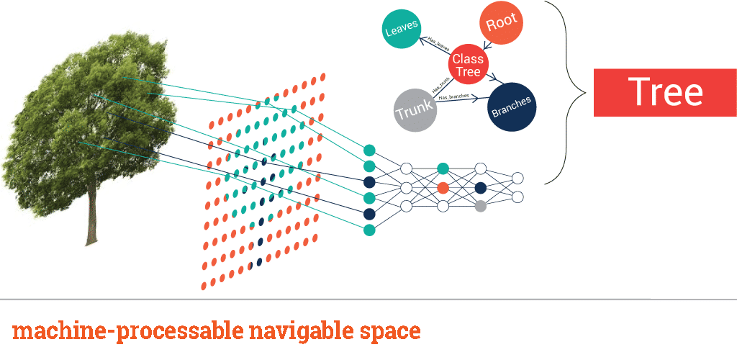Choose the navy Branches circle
click(x=511, y=106)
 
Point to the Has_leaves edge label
click(x=438, y=44)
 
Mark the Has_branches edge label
click(x=454, y=96)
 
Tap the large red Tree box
click(x=665, y=92)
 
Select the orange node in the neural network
click(x=443, y=187)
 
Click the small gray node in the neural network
click(x=481, y=206)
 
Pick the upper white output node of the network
click(x=517, y=178)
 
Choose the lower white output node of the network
click(x=517, y=197)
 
